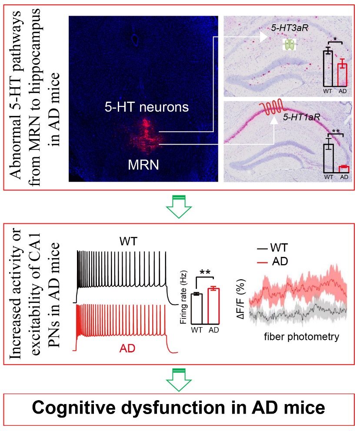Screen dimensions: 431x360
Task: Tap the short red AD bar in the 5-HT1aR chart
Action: [344, 169]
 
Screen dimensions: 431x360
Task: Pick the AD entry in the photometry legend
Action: [273, 261]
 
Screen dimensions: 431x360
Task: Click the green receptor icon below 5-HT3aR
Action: [289, 45]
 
